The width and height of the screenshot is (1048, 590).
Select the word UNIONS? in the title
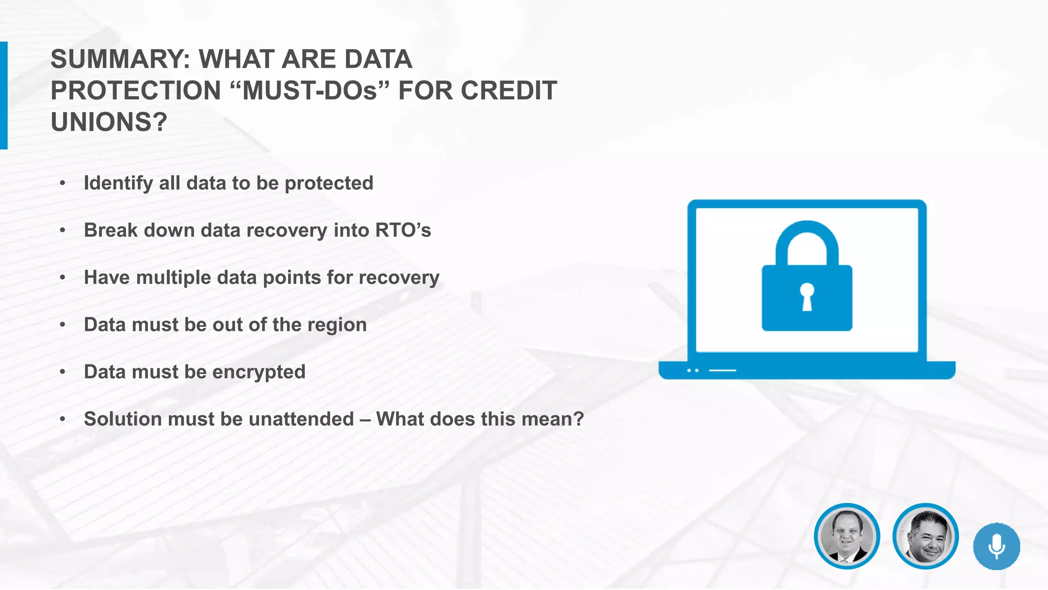[109, 122]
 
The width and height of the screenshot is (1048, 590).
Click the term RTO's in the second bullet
[403, 230]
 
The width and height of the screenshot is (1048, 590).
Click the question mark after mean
[579, 419]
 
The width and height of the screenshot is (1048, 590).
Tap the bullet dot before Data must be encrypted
[62, 372]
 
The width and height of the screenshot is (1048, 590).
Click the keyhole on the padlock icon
[807, 297]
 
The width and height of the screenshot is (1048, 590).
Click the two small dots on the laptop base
[693, 370]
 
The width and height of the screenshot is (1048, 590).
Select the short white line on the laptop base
[722, 370]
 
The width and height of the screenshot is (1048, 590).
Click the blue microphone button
[996, 546]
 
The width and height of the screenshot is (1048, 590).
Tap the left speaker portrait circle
[847, 536]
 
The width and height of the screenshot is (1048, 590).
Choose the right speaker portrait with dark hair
[925, 536]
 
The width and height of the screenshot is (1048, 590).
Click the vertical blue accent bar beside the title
[4, 95]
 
